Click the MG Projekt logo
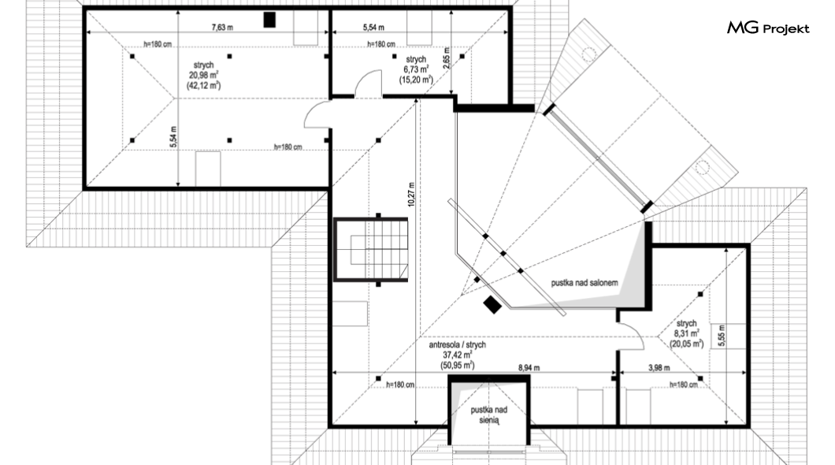pyautogui.click(x=768, y=28)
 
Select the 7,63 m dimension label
pyautogui.click(x=222, y=27)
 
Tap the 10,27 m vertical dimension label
pyautogui.click(x=411, y=194)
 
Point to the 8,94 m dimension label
pyautogui.click(x=529, y=367)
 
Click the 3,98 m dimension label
pyautogui.click(x=659, y=367)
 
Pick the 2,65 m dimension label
pyautogui.click(x=447, y=58)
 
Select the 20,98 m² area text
pyautogui.click(x=203, y=75)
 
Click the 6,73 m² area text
pyautogui.click(x=416, y=69)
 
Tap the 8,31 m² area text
pyautogui.click(x=686, y=333)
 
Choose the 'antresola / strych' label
pyautogui.click(x=458, y=344)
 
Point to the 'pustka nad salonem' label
pyautogui.click(x=584, y=283)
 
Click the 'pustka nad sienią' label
pyautogui.click(x=488, y=415)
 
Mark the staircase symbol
pyautogui.click(x=371, y=249)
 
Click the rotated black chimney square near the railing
pyautogui.click(x=492, y=305)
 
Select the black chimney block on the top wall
pyautogui.click(x=269, y=20)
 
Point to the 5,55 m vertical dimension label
pyautogui.click(x=722, y=336)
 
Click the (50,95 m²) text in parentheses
pyautogui.click(x=458, y=366)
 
